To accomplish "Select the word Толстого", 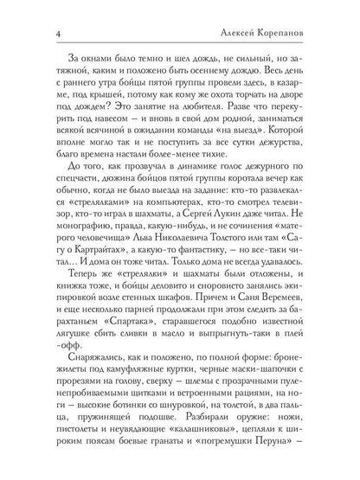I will [x=250, y=246].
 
